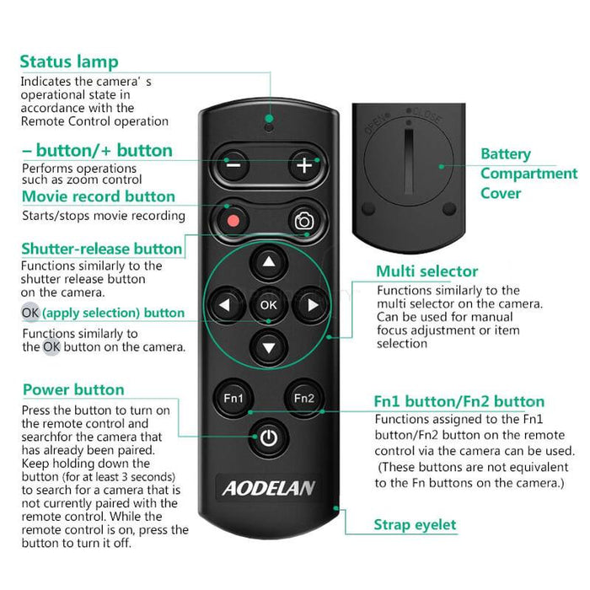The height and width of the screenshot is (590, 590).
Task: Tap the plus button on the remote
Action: click(x=303, y=165)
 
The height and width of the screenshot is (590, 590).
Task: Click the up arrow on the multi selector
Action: click(x=268, y=263)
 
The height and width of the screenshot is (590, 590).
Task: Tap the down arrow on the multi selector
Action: click(x=268, y=346)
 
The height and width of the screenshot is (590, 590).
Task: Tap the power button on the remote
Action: click(x=268, y=437)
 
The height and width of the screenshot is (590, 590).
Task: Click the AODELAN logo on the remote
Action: click(x=268, y=486)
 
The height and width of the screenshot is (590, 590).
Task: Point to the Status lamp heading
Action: click(x=69, y=62)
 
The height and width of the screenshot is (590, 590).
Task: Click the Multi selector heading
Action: click(x=426, y=271)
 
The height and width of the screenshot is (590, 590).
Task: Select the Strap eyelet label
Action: click(x=415, y=525)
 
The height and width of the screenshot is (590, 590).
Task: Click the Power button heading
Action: click(x=73, y=389)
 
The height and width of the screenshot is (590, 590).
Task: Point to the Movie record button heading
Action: click(x=99, y=196)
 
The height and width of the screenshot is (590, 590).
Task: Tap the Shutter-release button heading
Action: click(x=101, y=249)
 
